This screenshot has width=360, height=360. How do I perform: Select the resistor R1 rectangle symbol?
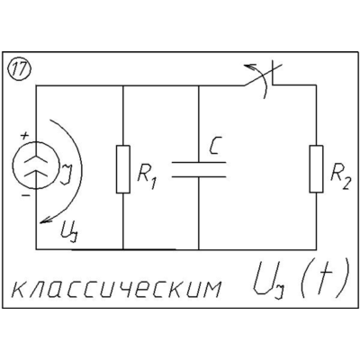[x=123, y=169]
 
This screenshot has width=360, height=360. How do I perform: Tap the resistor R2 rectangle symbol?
[x=317, y=169]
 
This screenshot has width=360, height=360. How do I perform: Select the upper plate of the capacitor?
[x=199, y=163]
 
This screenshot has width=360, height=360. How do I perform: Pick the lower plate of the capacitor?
[x=199, y=176]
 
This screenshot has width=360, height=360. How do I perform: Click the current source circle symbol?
[x=36, y=166]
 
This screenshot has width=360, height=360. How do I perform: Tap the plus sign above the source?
[x=24, y=136]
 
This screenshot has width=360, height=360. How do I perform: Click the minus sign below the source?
[x=26, y=196]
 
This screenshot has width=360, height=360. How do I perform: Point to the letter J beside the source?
[x=67, y=174]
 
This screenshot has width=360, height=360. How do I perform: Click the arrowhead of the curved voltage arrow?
[x=44, y=220]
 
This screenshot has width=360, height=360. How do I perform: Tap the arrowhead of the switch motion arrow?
[x=247, y=66]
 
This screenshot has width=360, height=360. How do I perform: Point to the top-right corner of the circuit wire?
[x=317, y=85]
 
